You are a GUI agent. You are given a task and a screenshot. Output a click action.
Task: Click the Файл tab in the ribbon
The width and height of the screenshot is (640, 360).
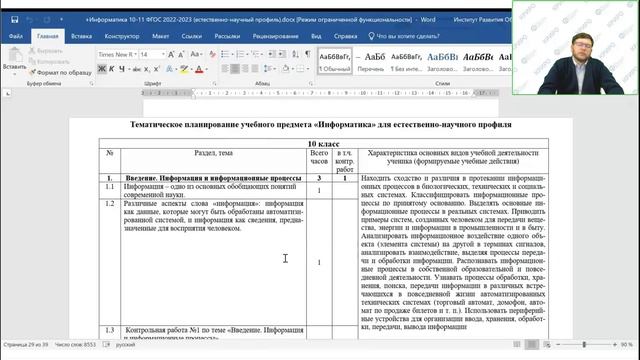tap(16, 35)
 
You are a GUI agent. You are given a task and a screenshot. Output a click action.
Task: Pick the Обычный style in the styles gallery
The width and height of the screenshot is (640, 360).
tap(336, 60)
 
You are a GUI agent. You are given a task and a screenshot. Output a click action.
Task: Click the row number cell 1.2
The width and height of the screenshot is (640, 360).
tap(110, 203)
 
